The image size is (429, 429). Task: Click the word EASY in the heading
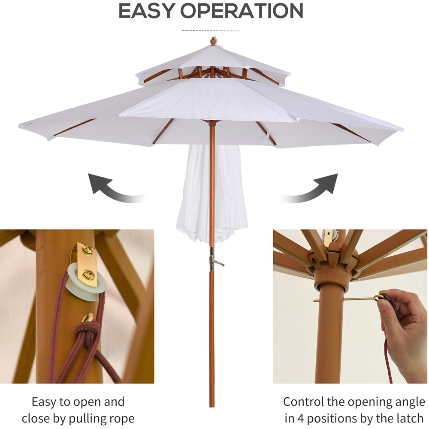tap(148, 11)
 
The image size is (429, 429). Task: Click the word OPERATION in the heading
tap(242, 11)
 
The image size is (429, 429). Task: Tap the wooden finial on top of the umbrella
tap(213, 41)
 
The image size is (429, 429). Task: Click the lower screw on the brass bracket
tap(89, 275)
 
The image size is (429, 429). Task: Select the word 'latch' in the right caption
tap(409, 418)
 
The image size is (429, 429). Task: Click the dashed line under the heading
tap(211, 31)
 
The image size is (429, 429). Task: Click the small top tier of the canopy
tap(213, 65)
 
